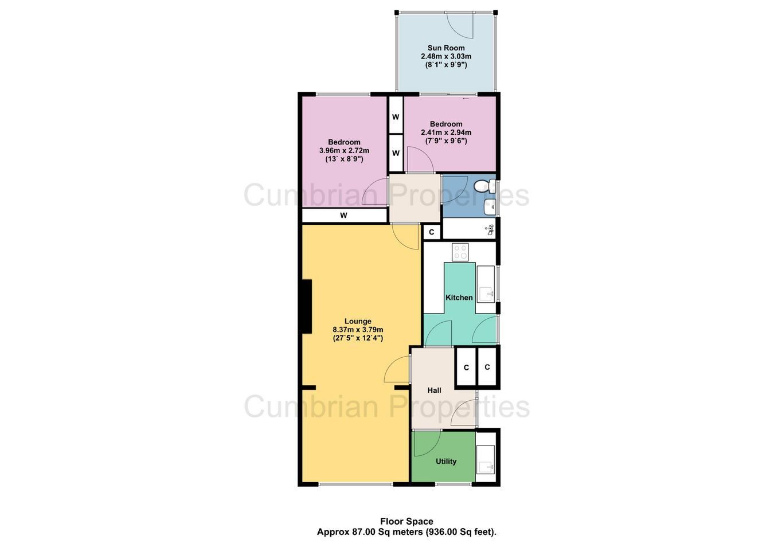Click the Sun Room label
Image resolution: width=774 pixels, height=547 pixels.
[445, 48]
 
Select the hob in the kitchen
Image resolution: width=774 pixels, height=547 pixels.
[460, 252]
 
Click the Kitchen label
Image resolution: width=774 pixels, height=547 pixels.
[459, 298]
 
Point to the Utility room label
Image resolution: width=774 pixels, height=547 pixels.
[445, 462]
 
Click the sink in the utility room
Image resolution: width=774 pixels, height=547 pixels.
[486, 460]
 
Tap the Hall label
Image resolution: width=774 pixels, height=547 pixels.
[434, 390]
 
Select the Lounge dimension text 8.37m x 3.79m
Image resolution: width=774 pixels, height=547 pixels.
[358, 330]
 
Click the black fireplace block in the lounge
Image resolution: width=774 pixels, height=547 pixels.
[307, 307]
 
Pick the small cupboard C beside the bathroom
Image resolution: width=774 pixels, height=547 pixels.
[432, 232]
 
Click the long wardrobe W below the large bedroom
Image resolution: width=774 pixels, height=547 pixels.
[344, 216]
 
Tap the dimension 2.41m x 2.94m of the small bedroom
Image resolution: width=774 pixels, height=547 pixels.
[445, 132]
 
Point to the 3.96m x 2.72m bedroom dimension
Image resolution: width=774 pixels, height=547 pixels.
[344, 151]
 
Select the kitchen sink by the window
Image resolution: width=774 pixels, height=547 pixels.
[486, 284]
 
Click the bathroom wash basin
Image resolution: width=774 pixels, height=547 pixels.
[490, 207]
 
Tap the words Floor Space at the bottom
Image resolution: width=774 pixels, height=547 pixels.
[406, 521]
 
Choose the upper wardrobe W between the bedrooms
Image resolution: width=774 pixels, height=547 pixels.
[396, 117]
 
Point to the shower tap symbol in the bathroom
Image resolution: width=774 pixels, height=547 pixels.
[490, 230]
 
